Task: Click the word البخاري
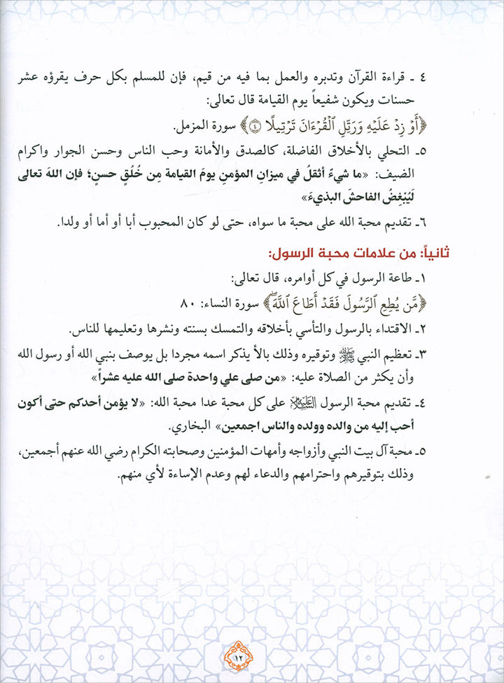(186, 426)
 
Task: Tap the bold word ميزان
(315, 173)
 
